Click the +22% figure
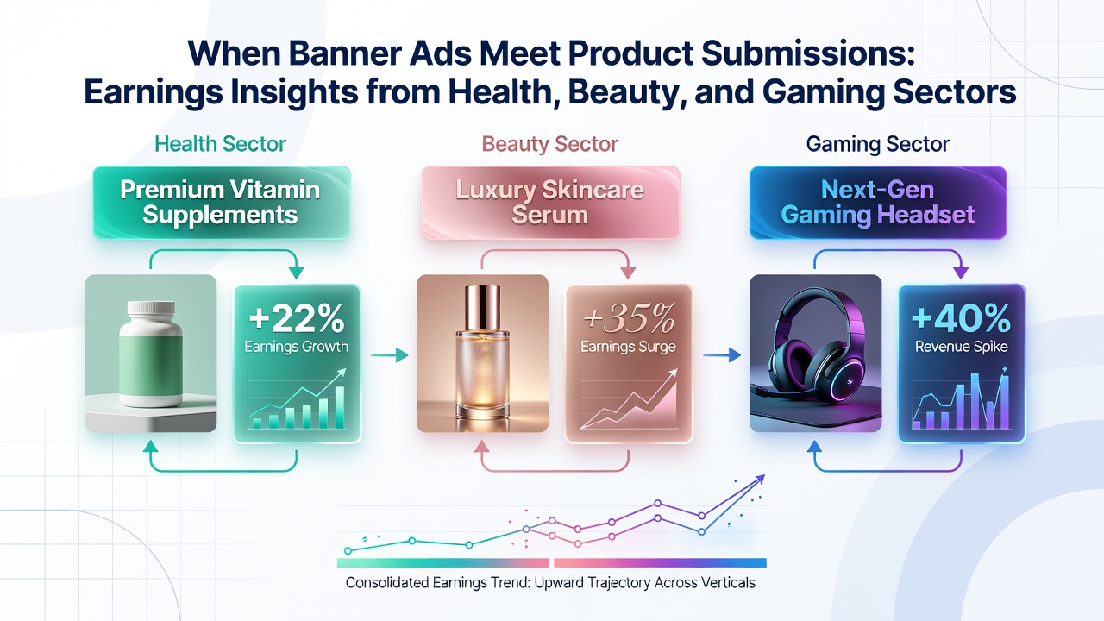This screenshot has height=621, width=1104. click(296, 318)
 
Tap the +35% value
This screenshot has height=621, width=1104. click(629, 318)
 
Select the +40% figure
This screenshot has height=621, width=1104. click(961, 318)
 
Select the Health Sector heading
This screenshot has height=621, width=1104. click(220, 144)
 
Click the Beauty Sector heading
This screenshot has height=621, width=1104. click(550, 144)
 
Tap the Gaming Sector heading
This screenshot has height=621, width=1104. click(878, 144)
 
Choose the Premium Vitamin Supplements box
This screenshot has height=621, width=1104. click(222, 203)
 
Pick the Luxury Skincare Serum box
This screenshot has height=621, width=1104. click(550, 203)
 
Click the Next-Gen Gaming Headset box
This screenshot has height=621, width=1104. click(878, 203)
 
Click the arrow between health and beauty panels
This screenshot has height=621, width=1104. click(389, 354)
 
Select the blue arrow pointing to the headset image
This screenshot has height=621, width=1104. click(722, 354)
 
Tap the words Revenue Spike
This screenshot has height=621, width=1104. click(961, 347)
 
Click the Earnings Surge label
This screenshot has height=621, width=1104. click(629, 347)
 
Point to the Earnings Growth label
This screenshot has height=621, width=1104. click(296, 347)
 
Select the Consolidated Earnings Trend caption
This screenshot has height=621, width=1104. click(550, 582)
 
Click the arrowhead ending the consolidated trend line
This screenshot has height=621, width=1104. click(760, 479)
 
